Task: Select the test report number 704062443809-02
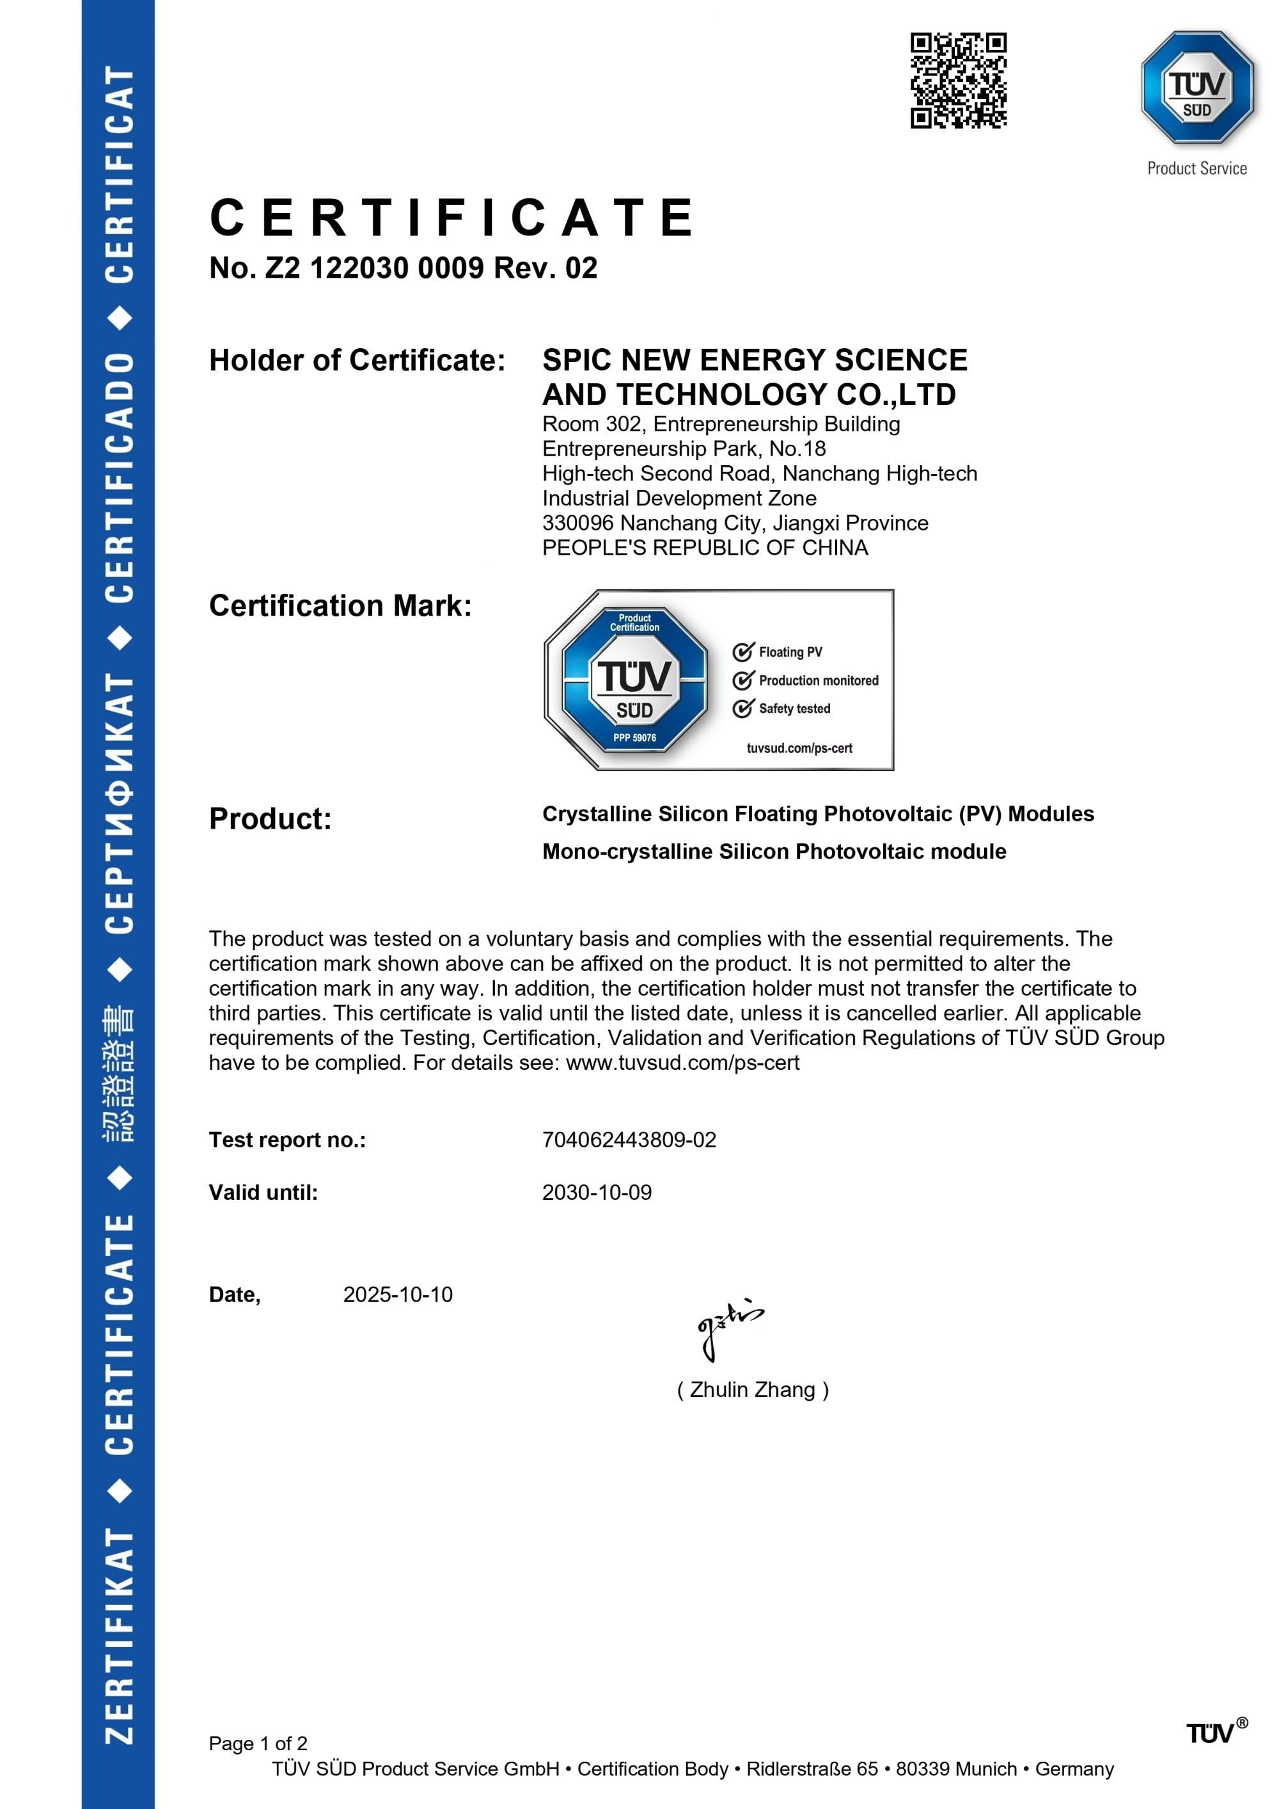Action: [x=629, y=1140]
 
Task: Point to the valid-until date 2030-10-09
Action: [x=596, y=1192]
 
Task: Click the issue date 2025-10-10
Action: [x=398, y=1295]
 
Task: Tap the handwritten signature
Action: [x=728, y=1328]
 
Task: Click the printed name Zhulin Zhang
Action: [x=752, y=1389]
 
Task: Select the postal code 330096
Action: [x=577, y=523]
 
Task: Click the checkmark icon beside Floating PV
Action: [x=742, y=651]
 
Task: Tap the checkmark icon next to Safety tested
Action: [x=742, y=708]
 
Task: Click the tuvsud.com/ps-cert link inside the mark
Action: [x=799, y=747]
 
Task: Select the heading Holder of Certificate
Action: [x=357, y=360]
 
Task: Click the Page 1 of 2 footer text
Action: [x=258, y=1743]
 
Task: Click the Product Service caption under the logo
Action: [x=1197, y=168]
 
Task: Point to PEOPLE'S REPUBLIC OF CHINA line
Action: [x=705, y=548]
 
